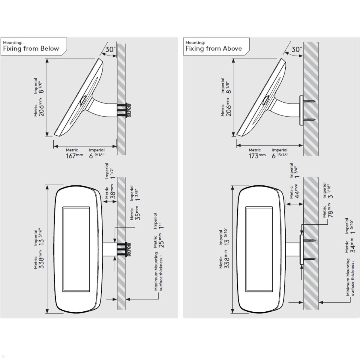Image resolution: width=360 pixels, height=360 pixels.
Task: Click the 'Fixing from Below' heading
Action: click(31, 49)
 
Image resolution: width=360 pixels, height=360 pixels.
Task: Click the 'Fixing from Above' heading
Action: click(214, 49)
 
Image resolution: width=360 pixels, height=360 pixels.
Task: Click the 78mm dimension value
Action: click(330, 210)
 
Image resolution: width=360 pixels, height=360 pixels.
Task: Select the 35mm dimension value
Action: click(138, 213)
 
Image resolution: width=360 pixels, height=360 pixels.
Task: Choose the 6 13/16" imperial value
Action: click(280, 155)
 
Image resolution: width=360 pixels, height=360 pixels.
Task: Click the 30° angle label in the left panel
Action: click(110, 49)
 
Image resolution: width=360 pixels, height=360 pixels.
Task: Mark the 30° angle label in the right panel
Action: click(296, 49)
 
